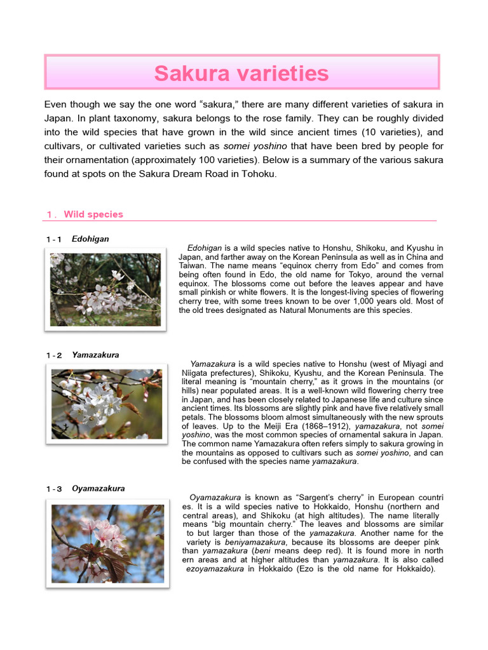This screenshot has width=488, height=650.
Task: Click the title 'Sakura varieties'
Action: click(241, 74)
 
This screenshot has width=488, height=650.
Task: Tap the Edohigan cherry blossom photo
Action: click(105, 289)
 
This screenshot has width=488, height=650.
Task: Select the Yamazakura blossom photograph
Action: click(106, 404)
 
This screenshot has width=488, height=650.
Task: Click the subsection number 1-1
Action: click(54, 239)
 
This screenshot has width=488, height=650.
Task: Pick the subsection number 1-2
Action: click(54, 355)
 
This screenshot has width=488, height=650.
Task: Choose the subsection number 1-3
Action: click(54, 489)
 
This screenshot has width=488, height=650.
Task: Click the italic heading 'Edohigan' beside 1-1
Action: click(90, 239)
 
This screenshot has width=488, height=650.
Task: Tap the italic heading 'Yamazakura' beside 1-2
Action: click(95, 355)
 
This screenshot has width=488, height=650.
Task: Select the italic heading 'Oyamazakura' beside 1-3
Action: click(98, 488)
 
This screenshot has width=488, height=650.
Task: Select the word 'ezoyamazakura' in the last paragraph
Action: click(215, 569)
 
